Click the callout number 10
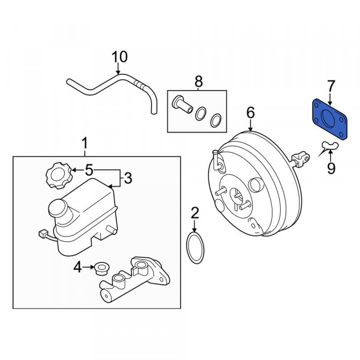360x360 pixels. pos(120,56)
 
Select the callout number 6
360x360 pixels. pos(251,112)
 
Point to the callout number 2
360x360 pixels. pos(194,212)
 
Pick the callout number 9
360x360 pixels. pos(331,169)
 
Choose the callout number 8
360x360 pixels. pos(199,80)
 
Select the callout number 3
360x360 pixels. pos(127,178)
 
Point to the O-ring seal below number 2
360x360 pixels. pos(195,249)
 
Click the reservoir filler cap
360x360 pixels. pos(58,176)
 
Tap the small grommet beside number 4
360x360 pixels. pos(101,266)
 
